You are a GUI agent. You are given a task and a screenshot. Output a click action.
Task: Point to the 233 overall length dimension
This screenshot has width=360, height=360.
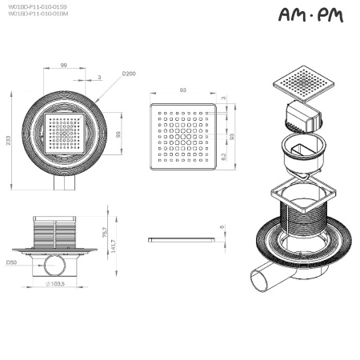click(x=10, y=140)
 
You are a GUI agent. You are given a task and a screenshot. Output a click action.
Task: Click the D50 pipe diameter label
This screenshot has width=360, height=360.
click(x=11, y=262)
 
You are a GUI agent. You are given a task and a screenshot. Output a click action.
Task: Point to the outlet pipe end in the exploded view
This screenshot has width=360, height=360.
click(x=258, y=280)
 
